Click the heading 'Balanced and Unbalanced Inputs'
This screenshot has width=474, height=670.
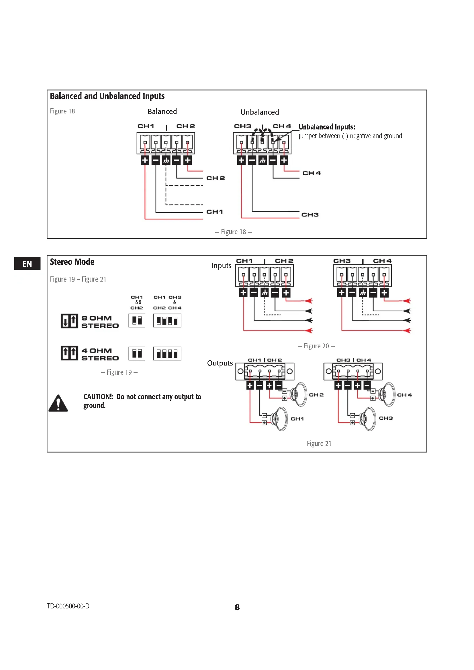(107, 96)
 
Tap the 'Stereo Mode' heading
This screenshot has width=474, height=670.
(72, 262)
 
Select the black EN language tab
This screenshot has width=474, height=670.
(27, 264)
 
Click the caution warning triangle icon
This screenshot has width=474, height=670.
(58, 403)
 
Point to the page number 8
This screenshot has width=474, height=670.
(237, 607)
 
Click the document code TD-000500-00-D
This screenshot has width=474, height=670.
(68, 606)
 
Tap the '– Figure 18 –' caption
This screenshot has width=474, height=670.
(233, 232)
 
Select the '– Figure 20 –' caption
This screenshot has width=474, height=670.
(316, 346)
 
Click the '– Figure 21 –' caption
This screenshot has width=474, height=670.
(319, 443)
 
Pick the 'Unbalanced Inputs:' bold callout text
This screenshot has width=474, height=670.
(327, 127)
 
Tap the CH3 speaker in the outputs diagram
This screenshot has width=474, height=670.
(369, 419)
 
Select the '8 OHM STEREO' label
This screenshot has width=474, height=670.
(100, 322)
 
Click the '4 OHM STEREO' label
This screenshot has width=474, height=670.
(100, 354)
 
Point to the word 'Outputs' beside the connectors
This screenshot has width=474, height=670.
(220, 363)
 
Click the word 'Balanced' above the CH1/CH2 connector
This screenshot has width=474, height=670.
(162, 112)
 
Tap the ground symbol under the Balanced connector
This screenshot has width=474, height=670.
(166, 160)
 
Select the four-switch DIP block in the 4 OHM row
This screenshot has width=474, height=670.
(167, 354)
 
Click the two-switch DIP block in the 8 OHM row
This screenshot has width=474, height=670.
(137, 321)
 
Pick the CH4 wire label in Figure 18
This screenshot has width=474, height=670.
(312, 173)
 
